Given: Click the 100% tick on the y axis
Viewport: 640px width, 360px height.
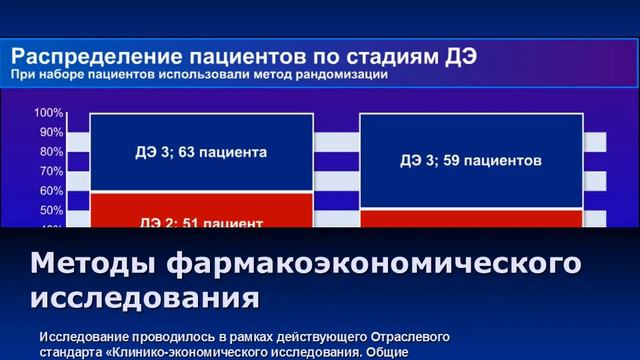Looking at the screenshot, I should tap(50, 113).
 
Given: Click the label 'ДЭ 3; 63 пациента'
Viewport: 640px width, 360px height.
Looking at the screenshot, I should tap(201, 153).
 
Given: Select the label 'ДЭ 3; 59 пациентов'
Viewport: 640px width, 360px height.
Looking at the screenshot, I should tap(471, 159).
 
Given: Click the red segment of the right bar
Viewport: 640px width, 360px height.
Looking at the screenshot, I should tap(471, 218).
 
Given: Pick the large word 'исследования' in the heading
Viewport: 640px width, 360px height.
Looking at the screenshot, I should tap(145, 297).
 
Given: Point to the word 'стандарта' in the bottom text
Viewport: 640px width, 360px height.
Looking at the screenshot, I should tap(74, 352).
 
